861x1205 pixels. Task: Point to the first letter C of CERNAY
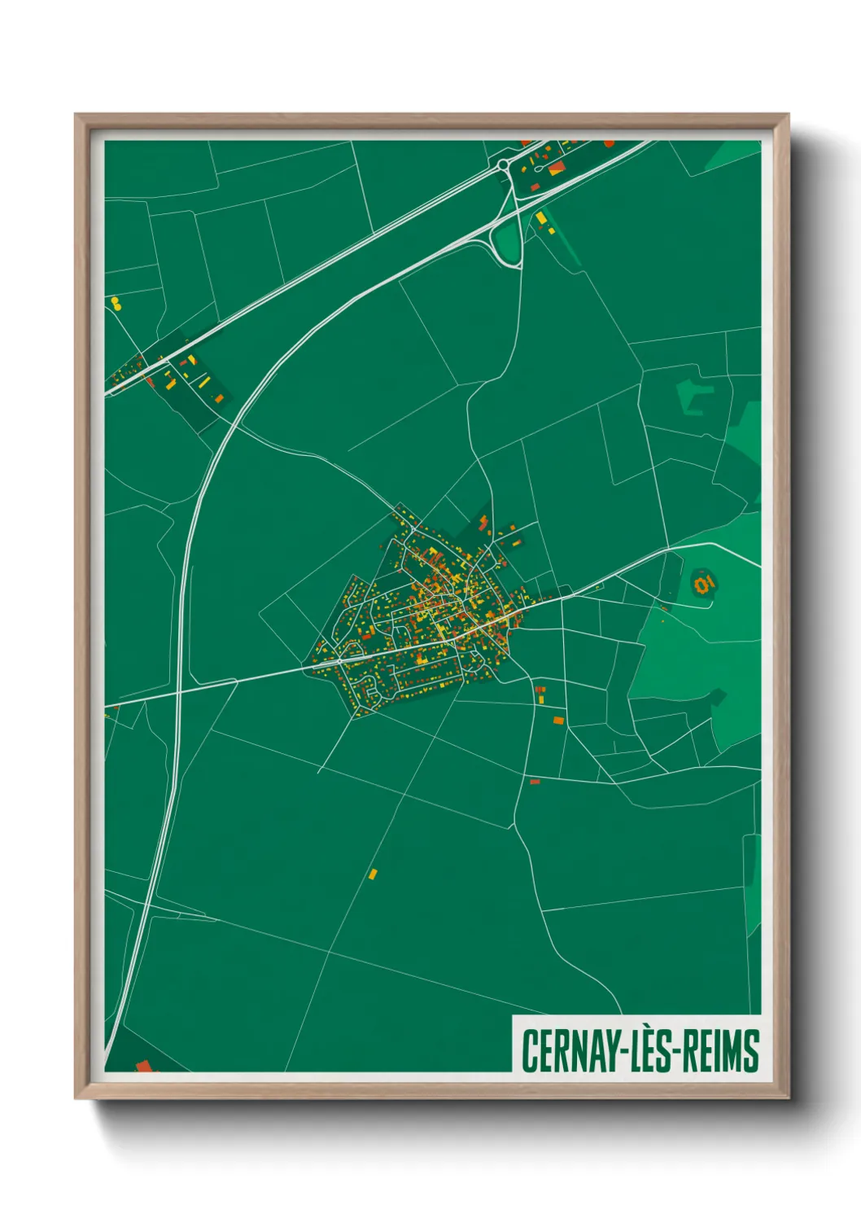529,1051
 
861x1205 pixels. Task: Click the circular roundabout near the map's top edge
504,165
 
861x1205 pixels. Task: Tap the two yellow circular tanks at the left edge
116,304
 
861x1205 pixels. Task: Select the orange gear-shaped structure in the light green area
704,583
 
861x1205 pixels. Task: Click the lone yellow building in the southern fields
373,874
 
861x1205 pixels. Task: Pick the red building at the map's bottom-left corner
144,1065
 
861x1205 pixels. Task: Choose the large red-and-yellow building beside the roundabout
557,169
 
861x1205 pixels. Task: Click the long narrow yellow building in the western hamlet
204,381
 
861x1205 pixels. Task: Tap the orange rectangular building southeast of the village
557,720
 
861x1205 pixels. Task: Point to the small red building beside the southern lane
535,782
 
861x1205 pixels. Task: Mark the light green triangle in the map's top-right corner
734,154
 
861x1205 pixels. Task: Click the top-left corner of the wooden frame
76,116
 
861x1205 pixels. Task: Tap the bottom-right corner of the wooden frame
787,1098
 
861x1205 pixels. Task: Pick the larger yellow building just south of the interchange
541,218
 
